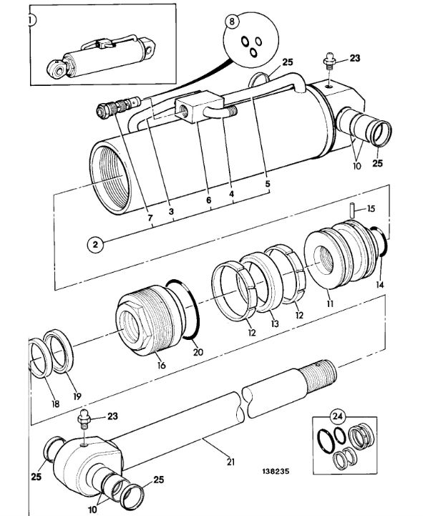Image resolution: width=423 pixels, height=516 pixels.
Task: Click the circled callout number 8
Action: [x=232, y=21]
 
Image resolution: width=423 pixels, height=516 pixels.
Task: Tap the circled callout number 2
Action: [x=95, y=245]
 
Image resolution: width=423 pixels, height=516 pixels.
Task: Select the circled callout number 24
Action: [x=337, y=417]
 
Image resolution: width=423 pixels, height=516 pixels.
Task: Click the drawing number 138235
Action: [x=276, y=471]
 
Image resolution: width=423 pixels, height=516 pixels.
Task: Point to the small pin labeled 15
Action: [x=352, y=210]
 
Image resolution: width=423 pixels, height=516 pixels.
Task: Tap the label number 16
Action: [x=161, y=365]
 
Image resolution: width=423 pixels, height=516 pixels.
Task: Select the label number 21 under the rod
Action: [x=230, y=462]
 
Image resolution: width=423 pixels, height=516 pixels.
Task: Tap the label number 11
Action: [x=330, y=303]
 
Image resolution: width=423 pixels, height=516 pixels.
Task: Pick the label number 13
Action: [x=275, y=323]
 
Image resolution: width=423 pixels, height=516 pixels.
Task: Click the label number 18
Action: [x=56, y=404]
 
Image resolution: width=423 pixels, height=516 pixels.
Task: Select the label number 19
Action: [x=77, y=396]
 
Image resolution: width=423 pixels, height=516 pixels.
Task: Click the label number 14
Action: [x=380, y=284]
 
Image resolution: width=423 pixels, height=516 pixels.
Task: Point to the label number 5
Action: [x=268, y=184]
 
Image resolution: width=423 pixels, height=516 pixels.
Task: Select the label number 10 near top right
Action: [x=357, y=165]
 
